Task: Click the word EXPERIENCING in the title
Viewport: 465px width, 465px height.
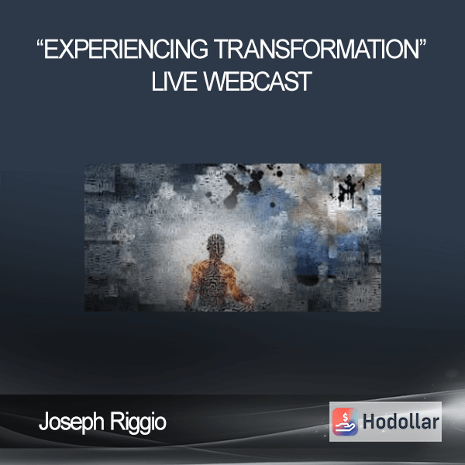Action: [x=126, y=49]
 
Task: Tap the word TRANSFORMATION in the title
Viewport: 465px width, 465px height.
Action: [x=316, y=49]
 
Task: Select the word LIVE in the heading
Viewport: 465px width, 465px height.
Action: [x=174, y=81]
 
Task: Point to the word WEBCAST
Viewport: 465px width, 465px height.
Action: [x=257, y=81]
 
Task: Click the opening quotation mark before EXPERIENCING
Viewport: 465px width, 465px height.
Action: [x=40, y=43]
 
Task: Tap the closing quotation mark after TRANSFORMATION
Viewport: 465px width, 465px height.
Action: [x=422, y=43]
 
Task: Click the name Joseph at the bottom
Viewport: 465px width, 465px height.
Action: [x=71, y=422]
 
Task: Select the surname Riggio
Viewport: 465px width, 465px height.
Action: [x=139, y=422]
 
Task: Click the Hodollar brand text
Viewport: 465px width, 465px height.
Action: [x=401, y=422]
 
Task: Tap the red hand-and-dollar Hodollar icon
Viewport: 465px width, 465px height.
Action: [x=345, y=422]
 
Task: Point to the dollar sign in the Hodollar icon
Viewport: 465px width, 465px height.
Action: [x=345, y=417]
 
